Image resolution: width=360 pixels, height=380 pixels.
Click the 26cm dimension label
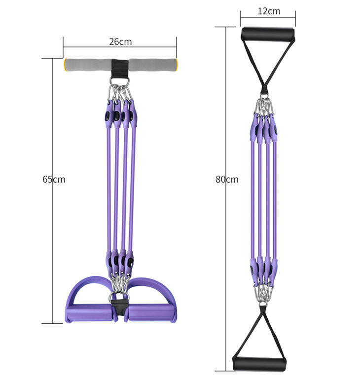point(120,41)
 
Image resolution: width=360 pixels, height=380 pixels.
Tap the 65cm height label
point(54,179)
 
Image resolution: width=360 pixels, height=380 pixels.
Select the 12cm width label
point(269,11)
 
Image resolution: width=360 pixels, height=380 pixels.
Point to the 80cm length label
point(227,179)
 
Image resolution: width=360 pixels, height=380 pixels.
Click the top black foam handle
point(268,33)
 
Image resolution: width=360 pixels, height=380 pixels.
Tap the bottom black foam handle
point(259,364)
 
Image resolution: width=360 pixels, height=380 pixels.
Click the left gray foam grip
point(88,65)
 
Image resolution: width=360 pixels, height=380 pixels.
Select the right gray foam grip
point(153,65)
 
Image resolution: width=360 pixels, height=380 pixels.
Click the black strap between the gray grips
point(120,68)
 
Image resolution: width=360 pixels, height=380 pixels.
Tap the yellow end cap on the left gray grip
point(65,65)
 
